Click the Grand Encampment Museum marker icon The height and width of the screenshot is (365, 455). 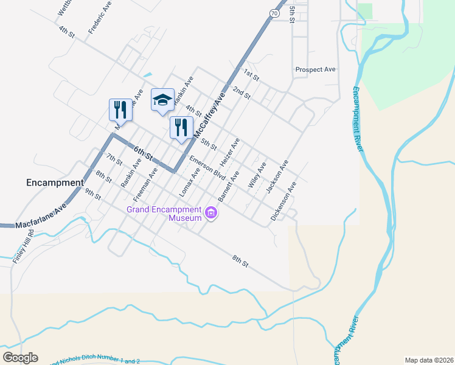(211, 214)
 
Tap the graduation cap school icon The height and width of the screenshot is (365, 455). (162, 99)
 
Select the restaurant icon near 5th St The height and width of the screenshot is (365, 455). (181, 127)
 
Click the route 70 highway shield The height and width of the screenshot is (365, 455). (276, 13)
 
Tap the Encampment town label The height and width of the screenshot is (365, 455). (55, 182)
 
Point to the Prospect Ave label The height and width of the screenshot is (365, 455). (316, 70)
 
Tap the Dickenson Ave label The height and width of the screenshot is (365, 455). (283, 201)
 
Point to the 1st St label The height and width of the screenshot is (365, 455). (251, 75)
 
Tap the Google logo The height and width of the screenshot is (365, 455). (20, 358)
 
